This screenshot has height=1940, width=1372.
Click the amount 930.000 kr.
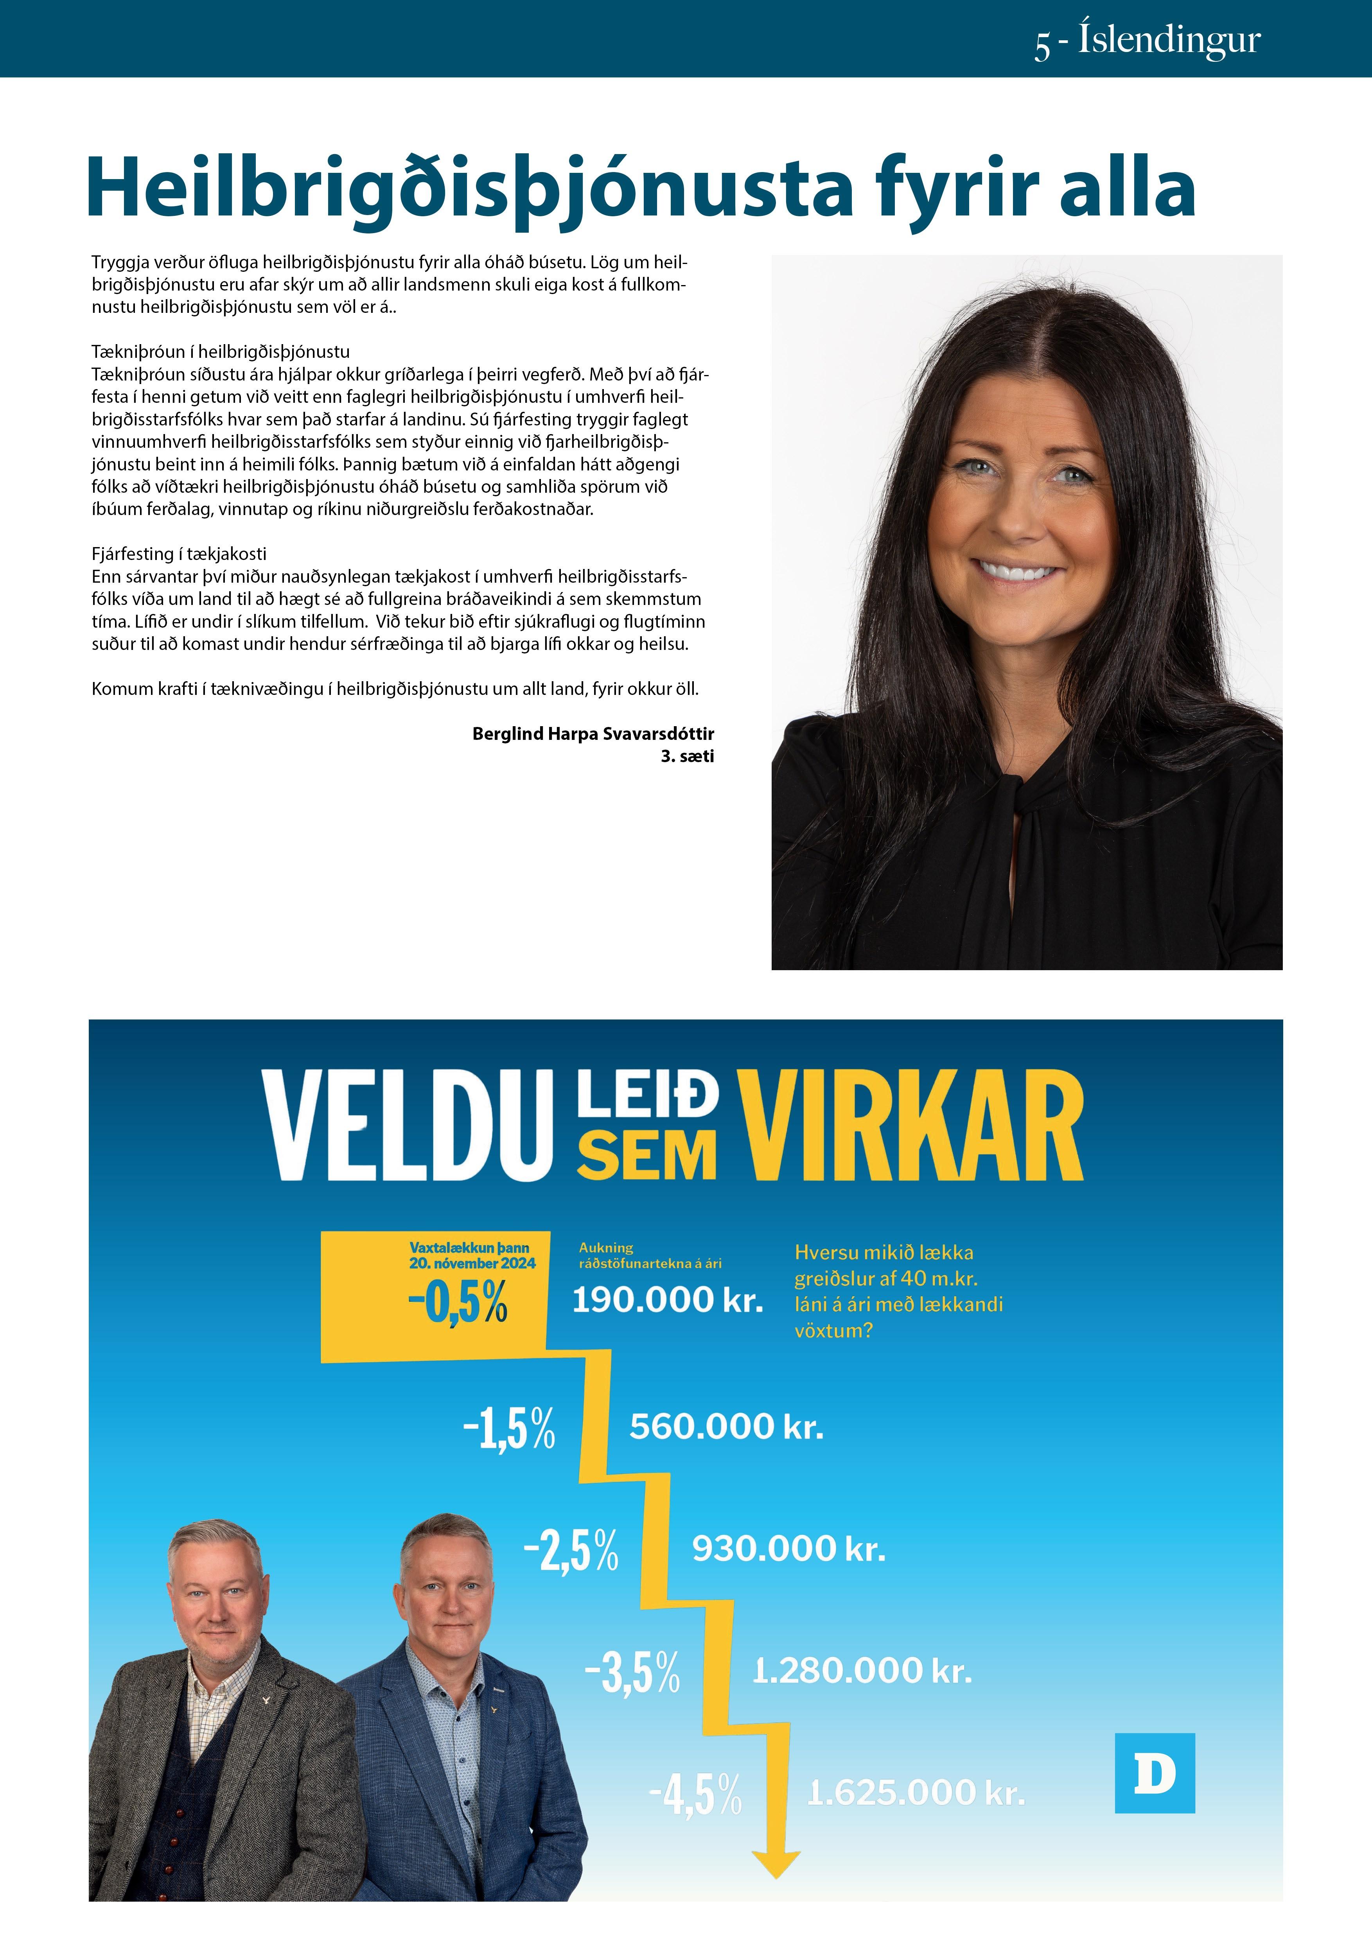point(788,1548)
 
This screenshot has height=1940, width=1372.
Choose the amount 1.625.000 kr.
point(916,1792)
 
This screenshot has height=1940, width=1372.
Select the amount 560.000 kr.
point(726,1426)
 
